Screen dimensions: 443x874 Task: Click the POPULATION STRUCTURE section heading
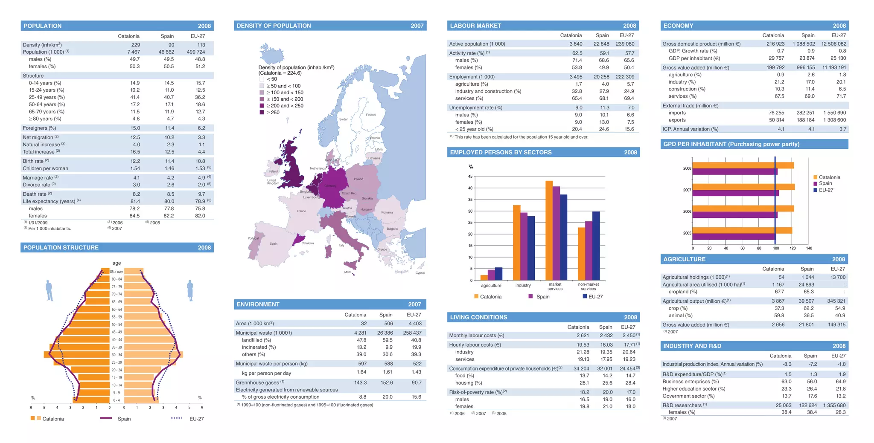tap(61, 247)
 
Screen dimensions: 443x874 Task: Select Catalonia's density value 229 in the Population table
tap(135, 45)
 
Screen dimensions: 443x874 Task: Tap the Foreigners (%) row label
tap(39, 128)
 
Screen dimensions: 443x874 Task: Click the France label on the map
tap(301, 211)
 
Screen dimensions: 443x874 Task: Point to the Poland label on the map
tap(358, 179)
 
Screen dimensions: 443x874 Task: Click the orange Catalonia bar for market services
tap(549, 230)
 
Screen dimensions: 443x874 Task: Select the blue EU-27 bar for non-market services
tap(596, 246)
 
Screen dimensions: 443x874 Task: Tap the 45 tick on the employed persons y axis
tap(470, 177)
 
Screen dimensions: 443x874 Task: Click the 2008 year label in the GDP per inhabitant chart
tap(687, 168)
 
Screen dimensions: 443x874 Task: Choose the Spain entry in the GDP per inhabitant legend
tap(825, 183)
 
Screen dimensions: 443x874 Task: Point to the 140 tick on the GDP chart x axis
tap(809, 248)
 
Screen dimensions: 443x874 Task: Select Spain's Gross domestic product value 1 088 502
tap(804, 43)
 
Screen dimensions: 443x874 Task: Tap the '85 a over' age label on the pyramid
tap(117, 272)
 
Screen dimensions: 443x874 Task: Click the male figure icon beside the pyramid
tap(50, 291)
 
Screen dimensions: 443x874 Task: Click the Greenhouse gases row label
tap(260, 382)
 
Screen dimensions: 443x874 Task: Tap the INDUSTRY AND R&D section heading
tap(692, 346)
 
